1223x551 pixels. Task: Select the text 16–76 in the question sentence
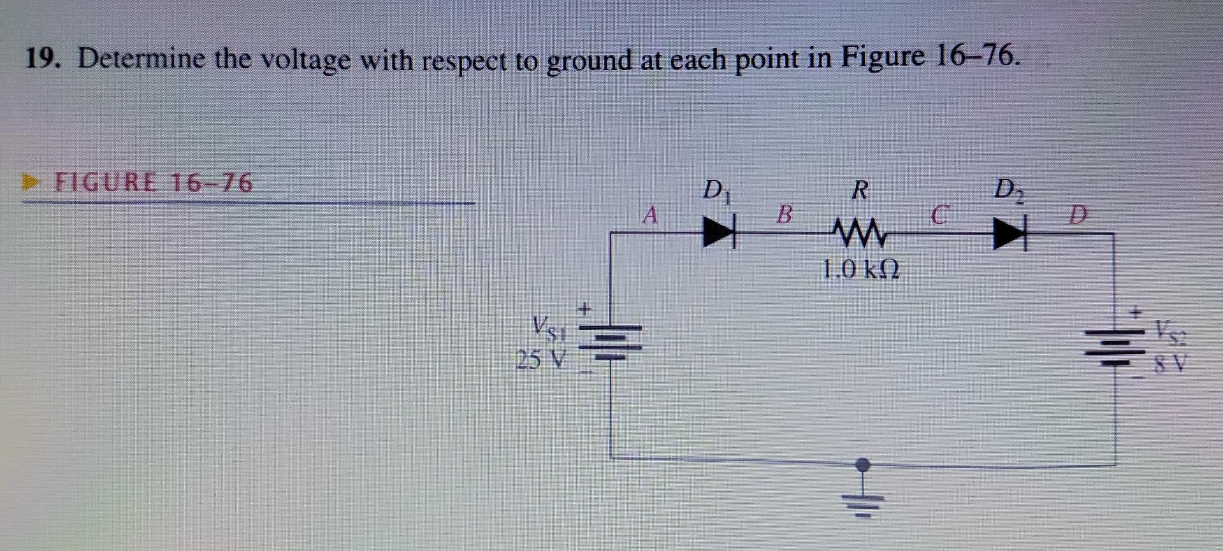pyautogui.click(x=974, y=58)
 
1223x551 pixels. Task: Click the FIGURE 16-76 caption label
pyautogui.click(x=154, y=183)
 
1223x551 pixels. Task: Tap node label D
pyautogui.click(x=1077, y=215)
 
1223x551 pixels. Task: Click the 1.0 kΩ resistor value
pyautogui.click(x=860, y=270)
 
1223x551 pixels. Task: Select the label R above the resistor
pyautogui.click(x=860, y=190)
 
